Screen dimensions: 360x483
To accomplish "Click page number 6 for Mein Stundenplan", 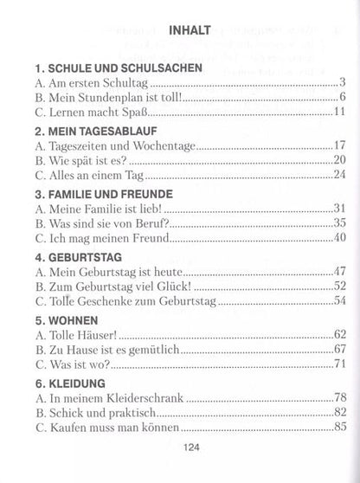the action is click(343, 96).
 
